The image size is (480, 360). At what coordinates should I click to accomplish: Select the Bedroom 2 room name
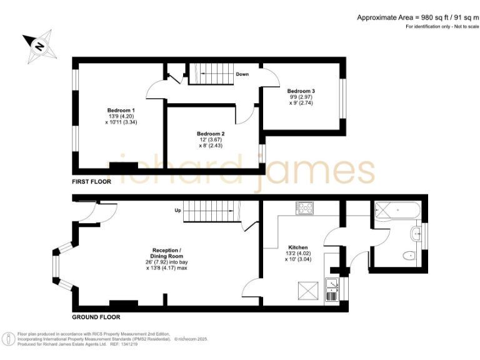coord(211,134)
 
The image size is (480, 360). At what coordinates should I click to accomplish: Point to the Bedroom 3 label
coord(301,91)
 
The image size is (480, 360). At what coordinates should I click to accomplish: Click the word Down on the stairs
coord(242,74)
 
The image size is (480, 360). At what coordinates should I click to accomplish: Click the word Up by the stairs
coord(177,210)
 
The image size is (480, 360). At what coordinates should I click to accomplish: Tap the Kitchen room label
coord(298,247)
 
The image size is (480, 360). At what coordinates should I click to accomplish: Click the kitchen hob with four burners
coord(306,207)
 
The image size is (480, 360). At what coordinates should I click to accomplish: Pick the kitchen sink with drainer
coord(331,291)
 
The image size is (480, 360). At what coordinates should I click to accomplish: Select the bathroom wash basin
coord(417,234)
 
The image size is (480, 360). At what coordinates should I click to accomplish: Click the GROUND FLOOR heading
coord(95,317)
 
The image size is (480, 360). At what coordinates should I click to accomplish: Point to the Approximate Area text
coord(413,17)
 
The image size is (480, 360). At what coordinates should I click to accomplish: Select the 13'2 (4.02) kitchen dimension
coord(298,253)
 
